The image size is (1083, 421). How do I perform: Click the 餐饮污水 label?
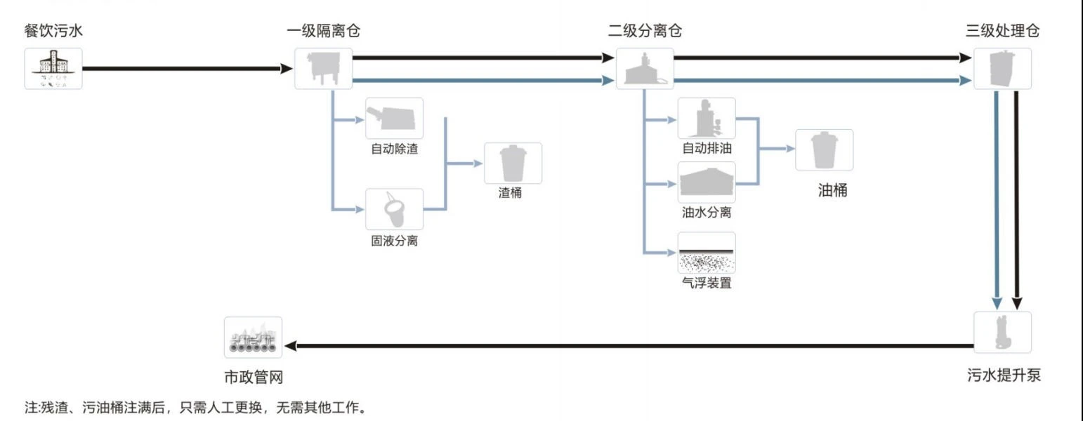[x=53, y=31]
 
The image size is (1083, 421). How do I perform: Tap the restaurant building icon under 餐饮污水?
[x=53, y=69]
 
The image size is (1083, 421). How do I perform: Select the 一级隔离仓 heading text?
[x=324, y=31]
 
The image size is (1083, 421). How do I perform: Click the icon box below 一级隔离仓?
[x=324, y=69]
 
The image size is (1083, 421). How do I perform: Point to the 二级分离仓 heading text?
[x=645, y=31]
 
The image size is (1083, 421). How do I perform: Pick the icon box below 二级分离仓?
[x=645, y=69]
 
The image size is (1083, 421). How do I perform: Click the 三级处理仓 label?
[x=1002, y=31]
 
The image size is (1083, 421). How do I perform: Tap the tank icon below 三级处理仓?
[x=1002, y=69]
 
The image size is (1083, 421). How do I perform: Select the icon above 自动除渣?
[x=395, y=119]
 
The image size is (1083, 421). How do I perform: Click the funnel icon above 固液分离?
[x=395, y=209]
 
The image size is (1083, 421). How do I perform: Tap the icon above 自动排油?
[x=707, y=118]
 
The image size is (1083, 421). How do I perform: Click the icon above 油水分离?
[x=707, y=182]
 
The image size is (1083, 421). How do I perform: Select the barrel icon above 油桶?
[x=824, y=150]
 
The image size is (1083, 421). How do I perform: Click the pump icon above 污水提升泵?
[x=1002, y=332]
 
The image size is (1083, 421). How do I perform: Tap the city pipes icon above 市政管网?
[x=253, y=338]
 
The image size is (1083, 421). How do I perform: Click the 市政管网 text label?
[x=253, y=377]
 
